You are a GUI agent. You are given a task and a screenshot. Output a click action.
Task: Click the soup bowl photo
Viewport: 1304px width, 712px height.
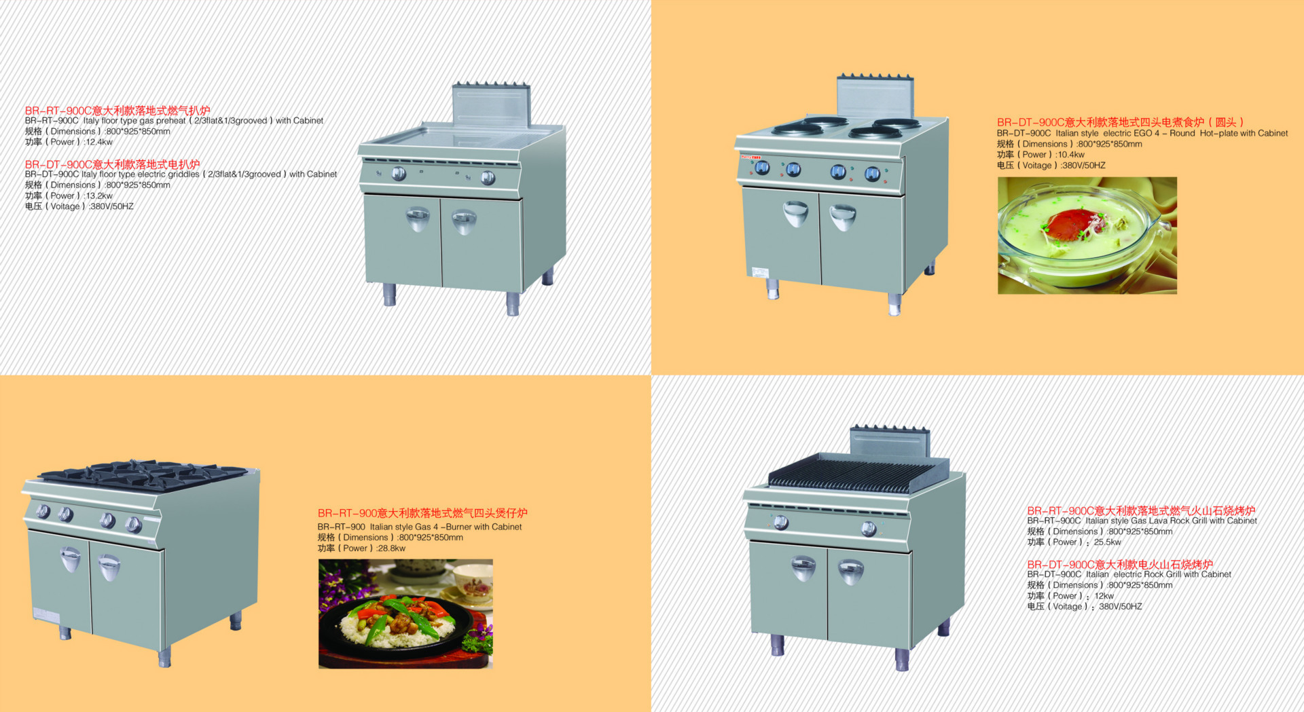coord(1087,236)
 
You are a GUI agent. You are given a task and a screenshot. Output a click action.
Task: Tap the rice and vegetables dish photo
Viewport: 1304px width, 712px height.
coord(405,614)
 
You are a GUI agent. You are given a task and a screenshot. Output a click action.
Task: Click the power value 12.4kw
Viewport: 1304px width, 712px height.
coord(99,142)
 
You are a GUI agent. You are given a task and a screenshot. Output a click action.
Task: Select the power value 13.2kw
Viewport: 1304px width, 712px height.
coord(99,195)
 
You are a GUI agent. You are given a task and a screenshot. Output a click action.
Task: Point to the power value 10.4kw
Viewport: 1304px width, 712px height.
coord(1071,155)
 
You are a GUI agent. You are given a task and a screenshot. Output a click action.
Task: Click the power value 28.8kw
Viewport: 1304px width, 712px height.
coord(391,548)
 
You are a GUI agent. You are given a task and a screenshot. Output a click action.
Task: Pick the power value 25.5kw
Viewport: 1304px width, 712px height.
coord(1107,542)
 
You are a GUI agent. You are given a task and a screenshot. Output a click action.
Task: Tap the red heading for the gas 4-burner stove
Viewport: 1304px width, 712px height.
coord(422,513)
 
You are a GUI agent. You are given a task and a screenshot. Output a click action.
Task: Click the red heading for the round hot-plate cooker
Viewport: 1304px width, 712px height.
coord(1121,122)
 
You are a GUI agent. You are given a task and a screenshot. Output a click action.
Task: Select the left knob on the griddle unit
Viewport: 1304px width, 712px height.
coord(399,174)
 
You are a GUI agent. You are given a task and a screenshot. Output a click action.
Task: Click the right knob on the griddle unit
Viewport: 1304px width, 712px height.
coord(488,179)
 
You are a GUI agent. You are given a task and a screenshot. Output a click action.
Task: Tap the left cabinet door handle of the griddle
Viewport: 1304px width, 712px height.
coord(417,219)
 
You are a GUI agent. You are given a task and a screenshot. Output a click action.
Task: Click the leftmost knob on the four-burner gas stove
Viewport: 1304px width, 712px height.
coord(43,511)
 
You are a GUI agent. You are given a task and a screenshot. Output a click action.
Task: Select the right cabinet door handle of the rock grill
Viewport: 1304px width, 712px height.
coord(850,572)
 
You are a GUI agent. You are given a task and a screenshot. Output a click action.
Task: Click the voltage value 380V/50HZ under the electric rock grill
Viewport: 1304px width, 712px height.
coord(1121,607)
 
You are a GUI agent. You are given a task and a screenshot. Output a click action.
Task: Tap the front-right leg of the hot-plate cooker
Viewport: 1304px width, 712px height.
coord(894,304)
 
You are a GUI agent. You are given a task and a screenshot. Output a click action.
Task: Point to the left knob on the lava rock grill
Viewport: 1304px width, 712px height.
coord(781,522)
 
